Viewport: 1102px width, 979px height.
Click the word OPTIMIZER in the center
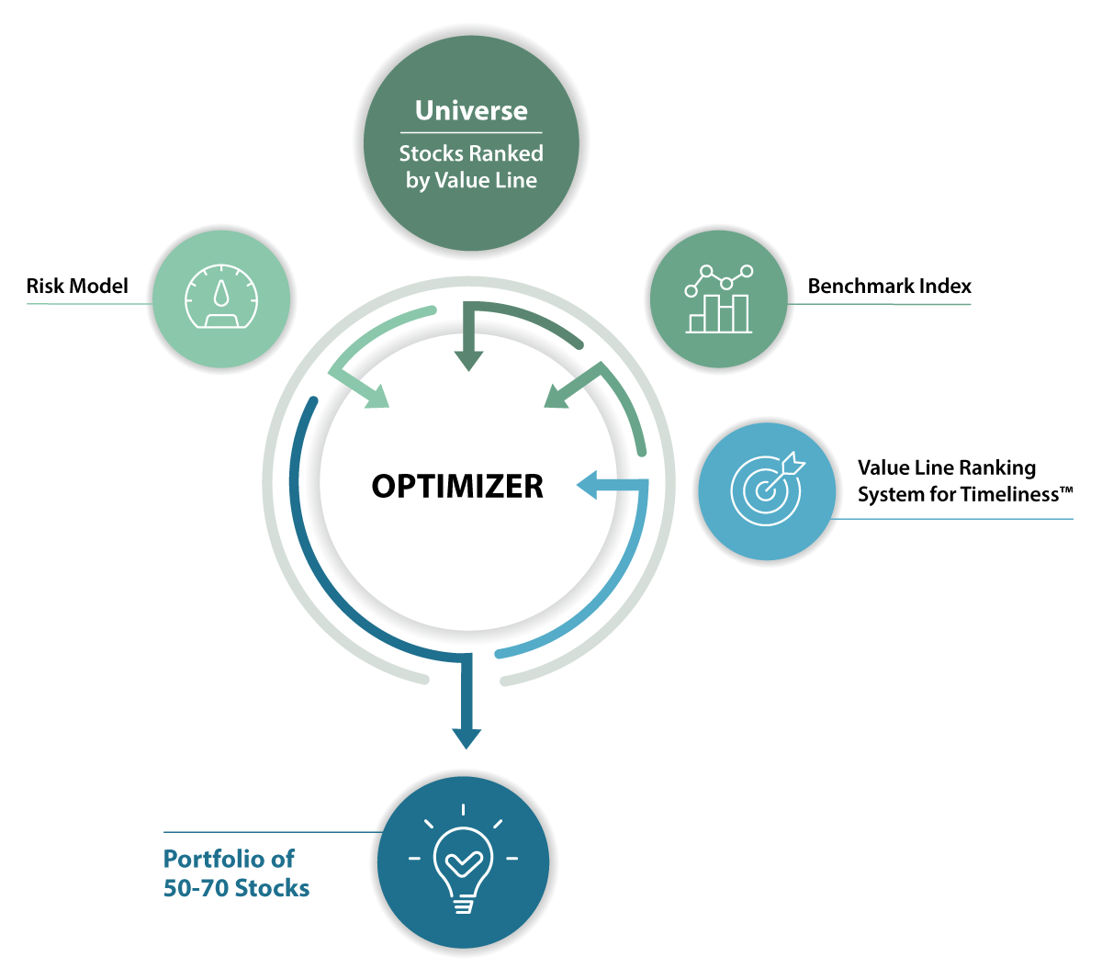pos(457,486)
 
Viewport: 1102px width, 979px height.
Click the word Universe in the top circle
pos(471,111)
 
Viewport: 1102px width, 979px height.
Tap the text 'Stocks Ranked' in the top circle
pos(471,153)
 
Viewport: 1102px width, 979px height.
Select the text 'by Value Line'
pos(471,180)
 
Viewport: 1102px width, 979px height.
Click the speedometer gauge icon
pos(222,298)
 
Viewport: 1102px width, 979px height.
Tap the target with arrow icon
pos(767,489)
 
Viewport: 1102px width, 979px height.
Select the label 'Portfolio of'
pos(229,859)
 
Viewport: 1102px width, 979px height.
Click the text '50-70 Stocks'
pos(236,888)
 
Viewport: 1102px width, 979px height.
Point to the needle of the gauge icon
pos(222,294)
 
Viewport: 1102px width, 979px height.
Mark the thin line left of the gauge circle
pos(87,303)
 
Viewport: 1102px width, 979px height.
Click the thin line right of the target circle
pos(955,519)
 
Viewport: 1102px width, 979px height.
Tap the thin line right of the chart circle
pos(882,304)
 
